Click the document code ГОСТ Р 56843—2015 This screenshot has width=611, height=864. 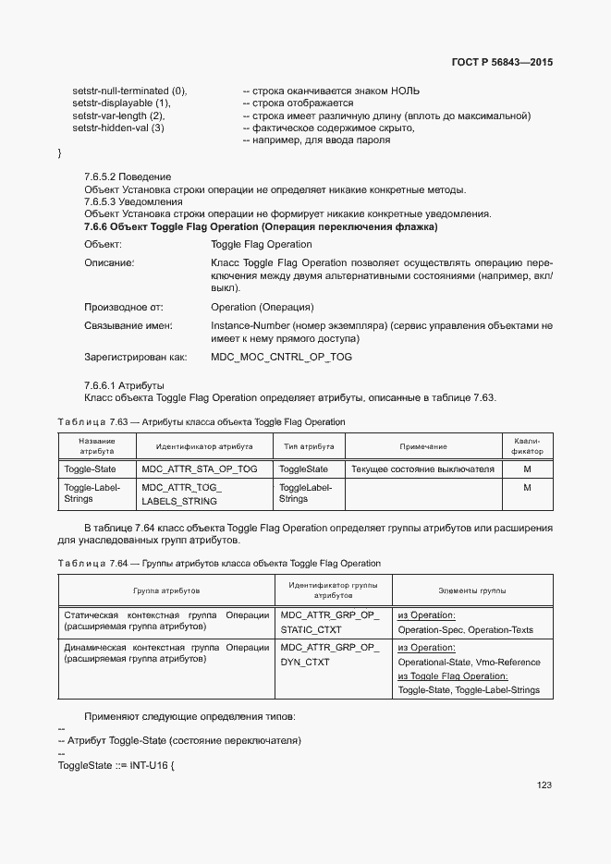(502, 63)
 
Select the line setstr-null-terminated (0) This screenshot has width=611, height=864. (129, 91)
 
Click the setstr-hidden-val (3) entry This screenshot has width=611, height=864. (118, 128)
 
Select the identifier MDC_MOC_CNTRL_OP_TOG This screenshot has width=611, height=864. (281, 357)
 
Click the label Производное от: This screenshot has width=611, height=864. (123, 307)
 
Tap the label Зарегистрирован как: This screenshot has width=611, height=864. (135, 357)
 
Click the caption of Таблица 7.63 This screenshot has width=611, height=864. (201, 421)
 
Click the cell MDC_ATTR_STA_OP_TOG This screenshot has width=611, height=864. (200, 469)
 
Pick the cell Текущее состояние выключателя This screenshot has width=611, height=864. (422, 469)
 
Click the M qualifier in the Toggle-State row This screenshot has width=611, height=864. (527, 469)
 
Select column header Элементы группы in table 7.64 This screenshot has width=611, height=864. (471, 590)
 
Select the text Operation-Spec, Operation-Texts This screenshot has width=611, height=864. (465, 630)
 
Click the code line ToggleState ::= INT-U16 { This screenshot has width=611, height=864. (116, 766)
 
